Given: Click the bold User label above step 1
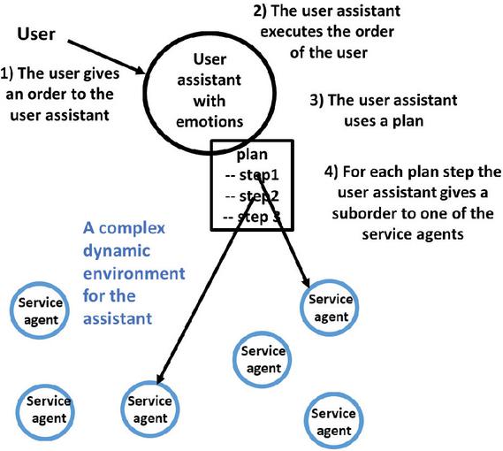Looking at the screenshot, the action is (36, 34).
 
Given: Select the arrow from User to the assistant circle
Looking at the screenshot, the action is (107, 57).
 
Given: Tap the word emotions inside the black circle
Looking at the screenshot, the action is (210, 122).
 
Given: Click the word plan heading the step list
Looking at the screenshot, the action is (252, 155).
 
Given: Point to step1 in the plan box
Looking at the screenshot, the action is (259, 175).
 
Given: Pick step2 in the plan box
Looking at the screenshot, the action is (259, 196).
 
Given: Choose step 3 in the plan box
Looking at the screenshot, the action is (259, 217).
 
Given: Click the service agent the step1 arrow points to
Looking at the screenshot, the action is (330, 308).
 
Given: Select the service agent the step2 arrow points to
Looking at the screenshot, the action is (149, 409).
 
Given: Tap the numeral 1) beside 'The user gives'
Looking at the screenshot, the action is (7, 73).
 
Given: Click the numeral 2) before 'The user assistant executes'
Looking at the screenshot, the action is (260, 11).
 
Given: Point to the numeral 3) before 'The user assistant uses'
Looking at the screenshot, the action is (316, 100).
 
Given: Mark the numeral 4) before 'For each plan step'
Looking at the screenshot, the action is (332, 172).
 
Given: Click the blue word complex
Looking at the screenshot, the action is (132, 228).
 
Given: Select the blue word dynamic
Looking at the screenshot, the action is (117, 251).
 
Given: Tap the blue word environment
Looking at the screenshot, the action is (134, 273).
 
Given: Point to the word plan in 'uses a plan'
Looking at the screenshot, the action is (408, 122).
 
